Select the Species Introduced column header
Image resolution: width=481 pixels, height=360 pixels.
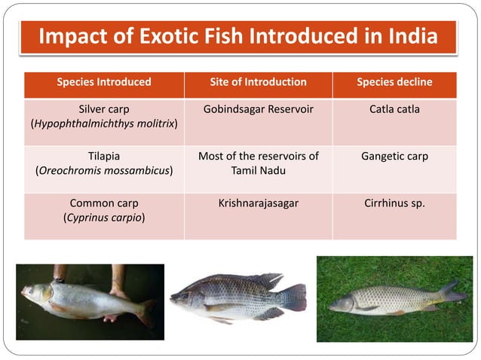(104, 82)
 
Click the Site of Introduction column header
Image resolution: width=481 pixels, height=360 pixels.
(258, 82)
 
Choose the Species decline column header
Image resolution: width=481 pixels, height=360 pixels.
(394, 82)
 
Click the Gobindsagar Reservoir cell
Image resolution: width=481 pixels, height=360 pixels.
(258, 109)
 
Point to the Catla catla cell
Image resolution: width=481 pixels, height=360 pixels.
(394, 109)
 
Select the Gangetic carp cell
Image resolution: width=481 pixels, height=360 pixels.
(394, 157)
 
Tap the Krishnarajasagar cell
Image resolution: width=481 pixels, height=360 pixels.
(258, 203)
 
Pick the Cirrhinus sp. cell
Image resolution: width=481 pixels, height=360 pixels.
(394, 203)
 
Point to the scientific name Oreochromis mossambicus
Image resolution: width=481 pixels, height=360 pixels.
(104, 171)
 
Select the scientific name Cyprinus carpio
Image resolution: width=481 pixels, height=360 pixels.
(104, 218)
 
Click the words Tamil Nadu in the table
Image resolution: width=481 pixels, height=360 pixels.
(258, 171)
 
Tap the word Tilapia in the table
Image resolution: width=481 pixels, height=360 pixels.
(104, 157)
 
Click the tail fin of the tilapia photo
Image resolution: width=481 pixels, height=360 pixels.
(296, 297)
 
